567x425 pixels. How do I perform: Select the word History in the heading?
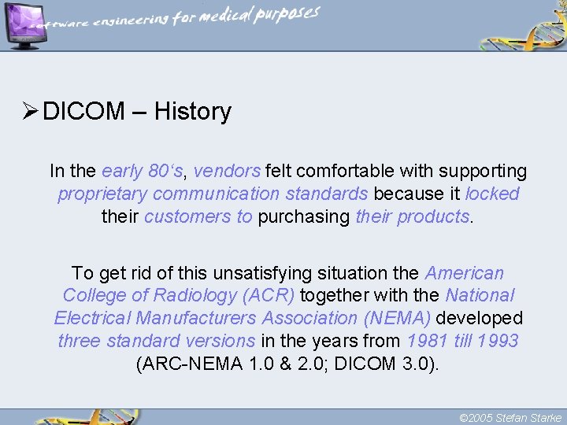tap(193, 112)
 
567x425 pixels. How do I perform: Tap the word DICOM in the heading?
tap(84, 112)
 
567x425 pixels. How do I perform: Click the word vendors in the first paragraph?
tap(227, 171)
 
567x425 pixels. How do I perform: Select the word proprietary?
tap(102, 194)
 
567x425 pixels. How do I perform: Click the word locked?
tap(493, 194)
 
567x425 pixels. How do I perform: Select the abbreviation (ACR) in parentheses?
tap(269, 296)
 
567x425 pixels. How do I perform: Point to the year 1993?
tap(498, 341)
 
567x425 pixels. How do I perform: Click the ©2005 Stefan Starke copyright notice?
tap(510, 417)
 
